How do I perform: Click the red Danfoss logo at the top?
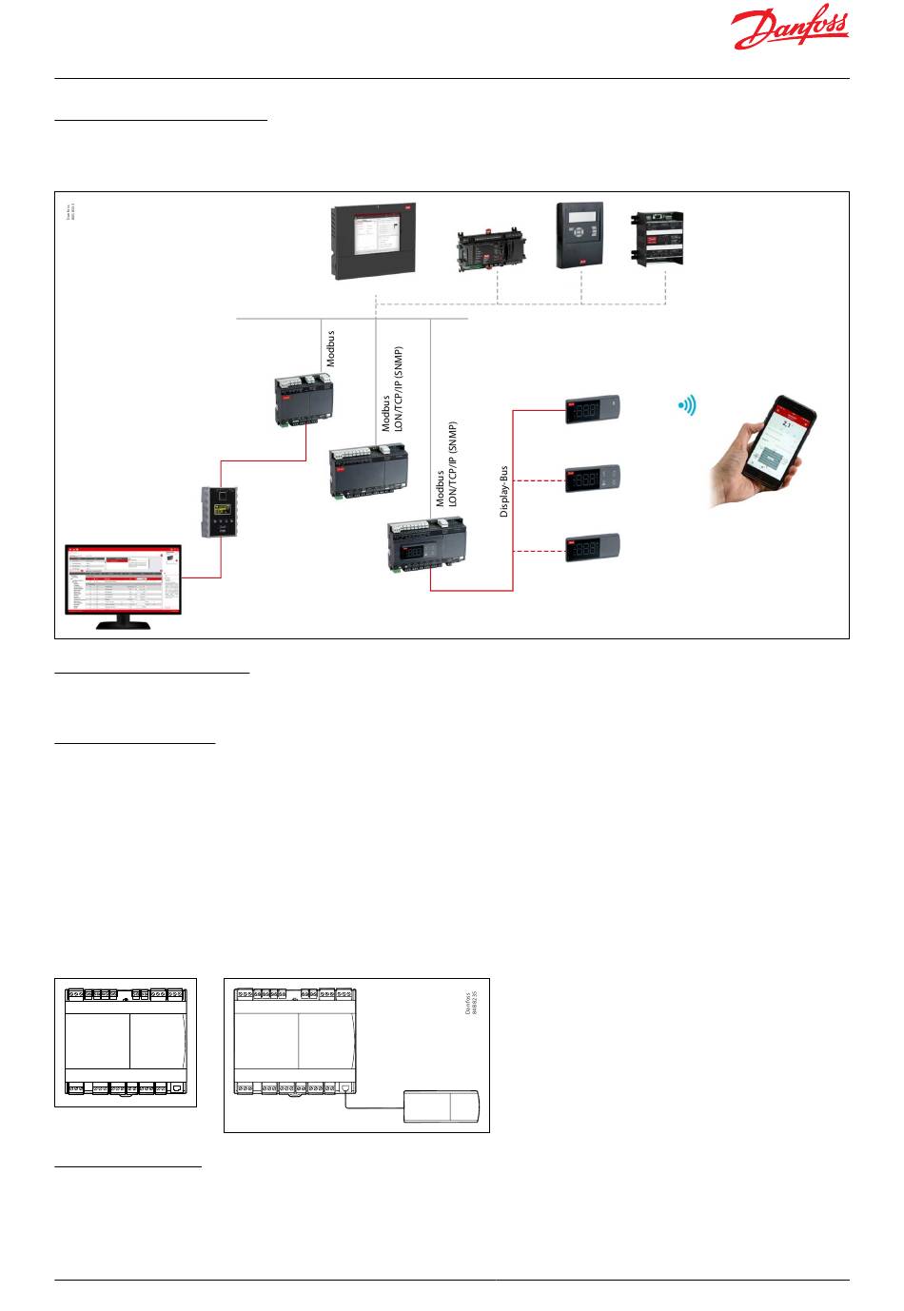click(x=790, y=31)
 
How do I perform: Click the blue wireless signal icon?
click(x=687, y=406)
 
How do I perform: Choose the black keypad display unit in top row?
click(x=580, y=234)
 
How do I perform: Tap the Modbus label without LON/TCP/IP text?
click(x=331, y=347)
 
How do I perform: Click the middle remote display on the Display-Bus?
click(x=596, y=479)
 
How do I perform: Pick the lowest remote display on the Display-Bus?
click(x=596, y=549)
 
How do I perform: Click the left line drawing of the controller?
click(x=126, y=1042)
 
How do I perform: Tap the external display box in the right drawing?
click(x=442, y=1107)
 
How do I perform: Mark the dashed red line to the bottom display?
click(x=539, y=551)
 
